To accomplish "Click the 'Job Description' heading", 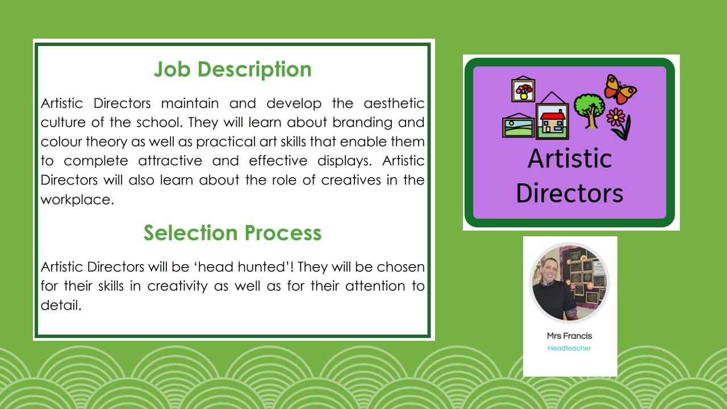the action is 232,69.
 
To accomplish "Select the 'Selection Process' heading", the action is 232,233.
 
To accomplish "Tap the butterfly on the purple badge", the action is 620,89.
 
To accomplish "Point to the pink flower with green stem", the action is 619,123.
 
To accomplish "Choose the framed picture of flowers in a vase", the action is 523,89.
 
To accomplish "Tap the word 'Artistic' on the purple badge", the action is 570,158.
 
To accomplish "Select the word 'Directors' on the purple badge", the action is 570,193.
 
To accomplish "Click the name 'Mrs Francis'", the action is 569,336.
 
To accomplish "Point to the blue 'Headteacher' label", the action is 569,348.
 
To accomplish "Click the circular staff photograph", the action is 569,283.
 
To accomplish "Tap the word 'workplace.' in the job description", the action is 77,199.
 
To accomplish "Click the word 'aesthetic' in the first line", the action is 394,103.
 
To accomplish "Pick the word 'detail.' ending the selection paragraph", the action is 61,305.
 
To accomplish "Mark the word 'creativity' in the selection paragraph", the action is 177,286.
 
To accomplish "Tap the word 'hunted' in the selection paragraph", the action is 262,267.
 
